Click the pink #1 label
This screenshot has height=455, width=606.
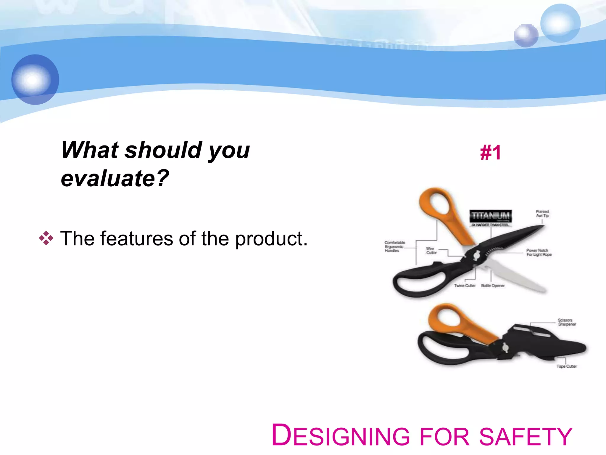(490, 153)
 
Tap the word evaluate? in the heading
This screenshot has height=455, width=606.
(115, 178)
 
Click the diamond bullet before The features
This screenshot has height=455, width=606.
(46, 238)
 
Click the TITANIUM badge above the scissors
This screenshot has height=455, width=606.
(490, 216)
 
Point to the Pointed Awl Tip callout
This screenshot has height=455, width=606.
(542, 214)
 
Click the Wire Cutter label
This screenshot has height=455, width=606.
(431, 251)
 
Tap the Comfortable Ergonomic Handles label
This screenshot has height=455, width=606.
(394, 246)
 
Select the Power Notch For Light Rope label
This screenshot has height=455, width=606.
(539, 252)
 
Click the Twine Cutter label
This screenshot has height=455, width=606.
(465, 286)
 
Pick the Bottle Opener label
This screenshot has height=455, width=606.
(493, 286)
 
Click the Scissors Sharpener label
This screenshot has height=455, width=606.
(567, 322)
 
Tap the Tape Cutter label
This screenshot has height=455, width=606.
(566, 366)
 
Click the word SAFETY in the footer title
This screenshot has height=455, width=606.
(526, 436)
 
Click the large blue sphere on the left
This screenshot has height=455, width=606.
(35, 79)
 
